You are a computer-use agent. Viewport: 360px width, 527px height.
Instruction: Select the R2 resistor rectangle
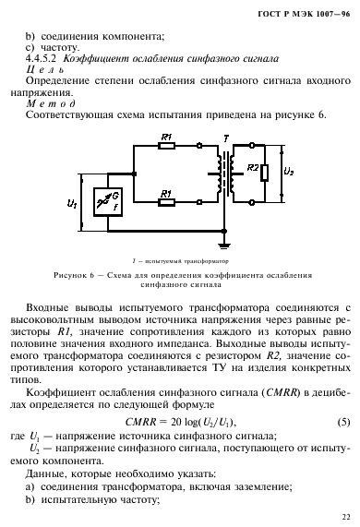(x=265, y=174)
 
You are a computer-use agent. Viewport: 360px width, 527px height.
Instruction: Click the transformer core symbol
(x=222, y=173)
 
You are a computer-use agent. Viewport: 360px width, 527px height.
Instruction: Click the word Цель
(x=45, y=69)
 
